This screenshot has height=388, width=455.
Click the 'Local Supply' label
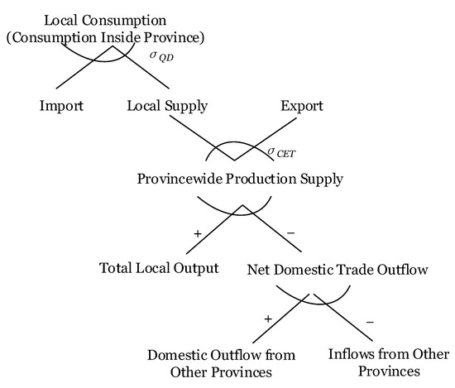tap(166, 106)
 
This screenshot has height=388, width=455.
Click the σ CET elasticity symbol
tap(281, 151)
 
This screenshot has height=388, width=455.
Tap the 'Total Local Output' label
tap(159, 268)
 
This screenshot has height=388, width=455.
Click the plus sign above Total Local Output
tap(198, 234)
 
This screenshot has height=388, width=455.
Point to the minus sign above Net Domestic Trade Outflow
tap(290, 234)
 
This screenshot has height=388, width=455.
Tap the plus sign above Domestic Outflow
tap(267, 318)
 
